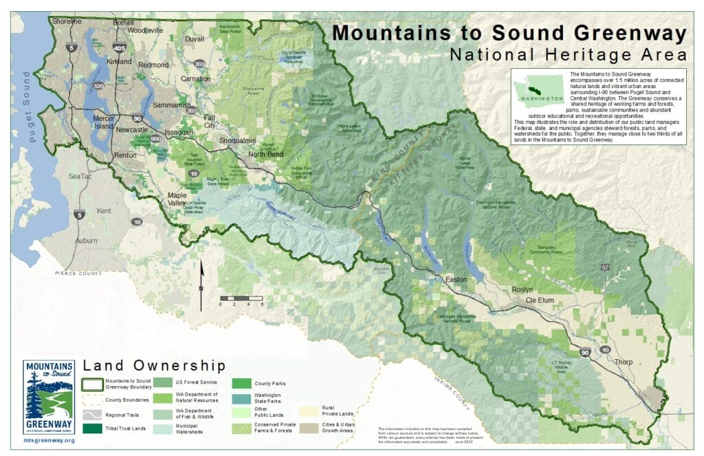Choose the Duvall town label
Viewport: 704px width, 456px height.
195,39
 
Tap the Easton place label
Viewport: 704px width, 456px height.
456,281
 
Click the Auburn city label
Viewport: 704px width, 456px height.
86,241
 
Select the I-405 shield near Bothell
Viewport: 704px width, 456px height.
120,48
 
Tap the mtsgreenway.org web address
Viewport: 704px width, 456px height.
48,439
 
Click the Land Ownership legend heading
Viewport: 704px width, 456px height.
153,365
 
